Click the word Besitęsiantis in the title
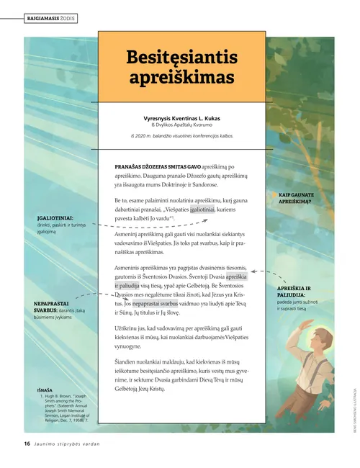pyautogui.click(x=181, y=56)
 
